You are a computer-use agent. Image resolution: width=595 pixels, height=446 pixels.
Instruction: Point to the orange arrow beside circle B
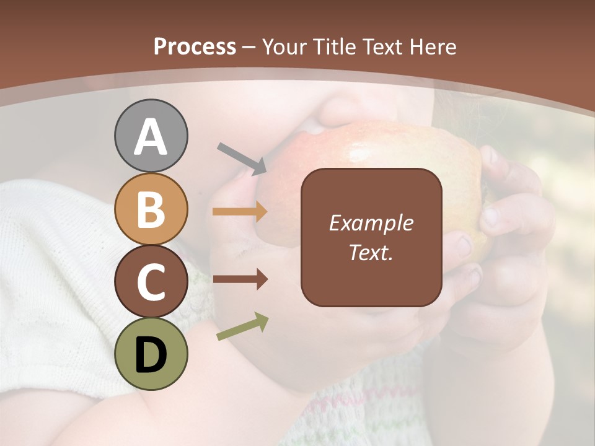pyautogui.click(x=240, y=212)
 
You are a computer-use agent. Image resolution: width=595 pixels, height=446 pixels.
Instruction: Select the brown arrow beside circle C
pyautogui.click(x=240, y=279)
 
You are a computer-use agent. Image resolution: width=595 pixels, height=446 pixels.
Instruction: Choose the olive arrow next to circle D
pyautogui.click(x=242, y=326)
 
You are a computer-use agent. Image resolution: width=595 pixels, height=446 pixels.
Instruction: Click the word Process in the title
pyautogui.click(x=195, y=47)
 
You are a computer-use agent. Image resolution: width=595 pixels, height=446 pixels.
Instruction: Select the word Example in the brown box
pyautogui.click(x=371, y=223)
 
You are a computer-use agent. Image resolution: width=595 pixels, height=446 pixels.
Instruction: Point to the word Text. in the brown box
pyautogui.click(x=371, y=252)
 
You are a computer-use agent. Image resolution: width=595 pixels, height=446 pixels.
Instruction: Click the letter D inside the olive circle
pyautogui.click(x=151, y=355)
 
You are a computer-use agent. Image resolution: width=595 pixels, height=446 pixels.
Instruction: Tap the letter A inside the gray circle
pyautogui.click(x=151, y=136)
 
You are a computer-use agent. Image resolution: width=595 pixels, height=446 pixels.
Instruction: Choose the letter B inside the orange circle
pyautogui.click(x=151, y=209)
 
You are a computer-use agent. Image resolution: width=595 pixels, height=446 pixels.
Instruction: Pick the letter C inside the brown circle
pyautogui.click(x=151, y=282)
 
